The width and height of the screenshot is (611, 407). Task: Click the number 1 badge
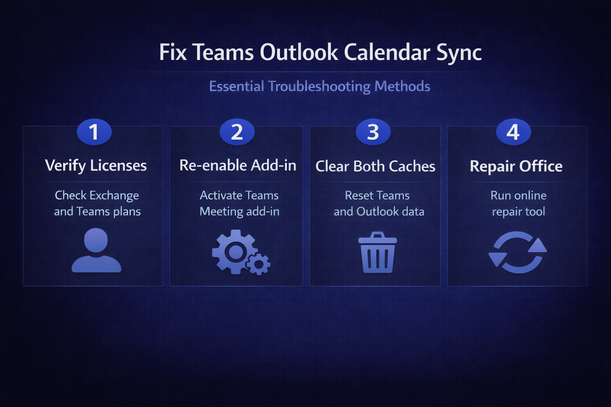(94, 132)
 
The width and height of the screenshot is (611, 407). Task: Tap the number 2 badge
(237, 132)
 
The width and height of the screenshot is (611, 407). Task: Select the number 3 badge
(373, 132)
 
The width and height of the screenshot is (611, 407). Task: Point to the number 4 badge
(514, 132)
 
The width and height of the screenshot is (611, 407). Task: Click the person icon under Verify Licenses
(96, 250)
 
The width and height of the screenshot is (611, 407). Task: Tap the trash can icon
(377, 252)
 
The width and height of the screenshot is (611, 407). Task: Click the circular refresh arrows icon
(518, 252)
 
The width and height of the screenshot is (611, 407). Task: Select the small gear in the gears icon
(258, 264)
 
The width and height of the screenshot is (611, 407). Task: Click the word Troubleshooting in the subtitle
(319, 86)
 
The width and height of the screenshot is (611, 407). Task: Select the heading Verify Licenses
(96, 165)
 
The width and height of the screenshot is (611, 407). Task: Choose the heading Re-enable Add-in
(237, 165)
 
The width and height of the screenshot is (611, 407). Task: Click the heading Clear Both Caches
(375, 166)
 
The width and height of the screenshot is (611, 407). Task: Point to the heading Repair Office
(516, 166)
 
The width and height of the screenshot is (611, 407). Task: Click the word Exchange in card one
(114, 196)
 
